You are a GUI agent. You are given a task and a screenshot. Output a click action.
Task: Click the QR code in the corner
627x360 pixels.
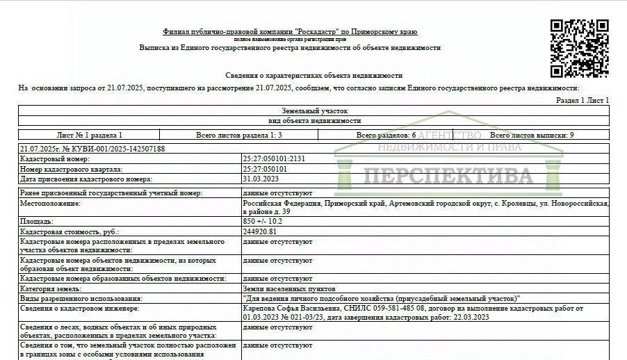[579, 48]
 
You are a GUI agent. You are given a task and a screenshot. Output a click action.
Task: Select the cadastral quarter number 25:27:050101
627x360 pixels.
[265, 169]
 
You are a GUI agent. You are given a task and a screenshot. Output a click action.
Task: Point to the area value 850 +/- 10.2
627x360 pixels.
[263, 221]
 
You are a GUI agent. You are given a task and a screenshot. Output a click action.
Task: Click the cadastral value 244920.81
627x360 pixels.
[259, 231]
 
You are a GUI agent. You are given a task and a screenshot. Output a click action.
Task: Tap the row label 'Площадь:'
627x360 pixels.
[37, 221]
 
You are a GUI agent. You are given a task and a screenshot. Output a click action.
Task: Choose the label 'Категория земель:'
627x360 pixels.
[51, 288]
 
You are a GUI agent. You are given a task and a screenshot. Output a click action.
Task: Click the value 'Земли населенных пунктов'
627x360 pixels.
[289, 288]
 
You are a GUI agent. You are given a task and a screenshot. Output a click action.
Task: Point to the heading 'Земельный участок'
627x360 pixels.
[314, 111]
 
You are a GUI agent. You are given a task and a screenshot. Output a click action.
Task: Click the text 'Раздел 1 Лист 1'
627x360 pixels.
[583, 101]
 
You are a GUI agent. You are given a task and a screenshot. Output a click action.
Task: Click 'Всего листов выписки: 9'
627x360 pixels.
[532, 135]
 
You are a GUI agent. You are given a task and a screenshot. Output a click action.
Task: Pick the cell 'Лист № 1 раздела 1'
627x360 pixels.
[89, 135]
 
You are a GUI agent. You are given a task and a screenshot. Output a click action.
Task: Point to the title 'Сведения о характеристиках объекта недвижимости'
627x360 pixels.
[313, 75]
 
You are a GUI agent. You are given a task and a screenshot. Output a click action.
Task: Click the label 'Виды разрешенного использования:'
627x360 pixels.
[72, 298]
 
